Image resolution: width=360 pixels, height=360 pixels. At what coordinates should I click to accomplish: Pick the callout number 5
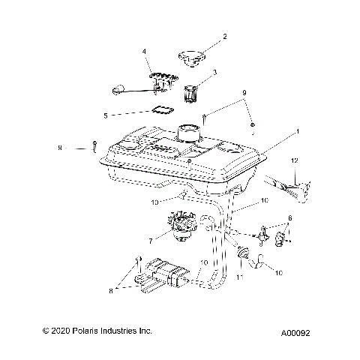coord(127,115)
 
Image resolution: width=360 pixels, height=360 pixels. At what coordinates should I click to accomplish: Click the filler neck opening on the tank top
coord(188,132)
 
